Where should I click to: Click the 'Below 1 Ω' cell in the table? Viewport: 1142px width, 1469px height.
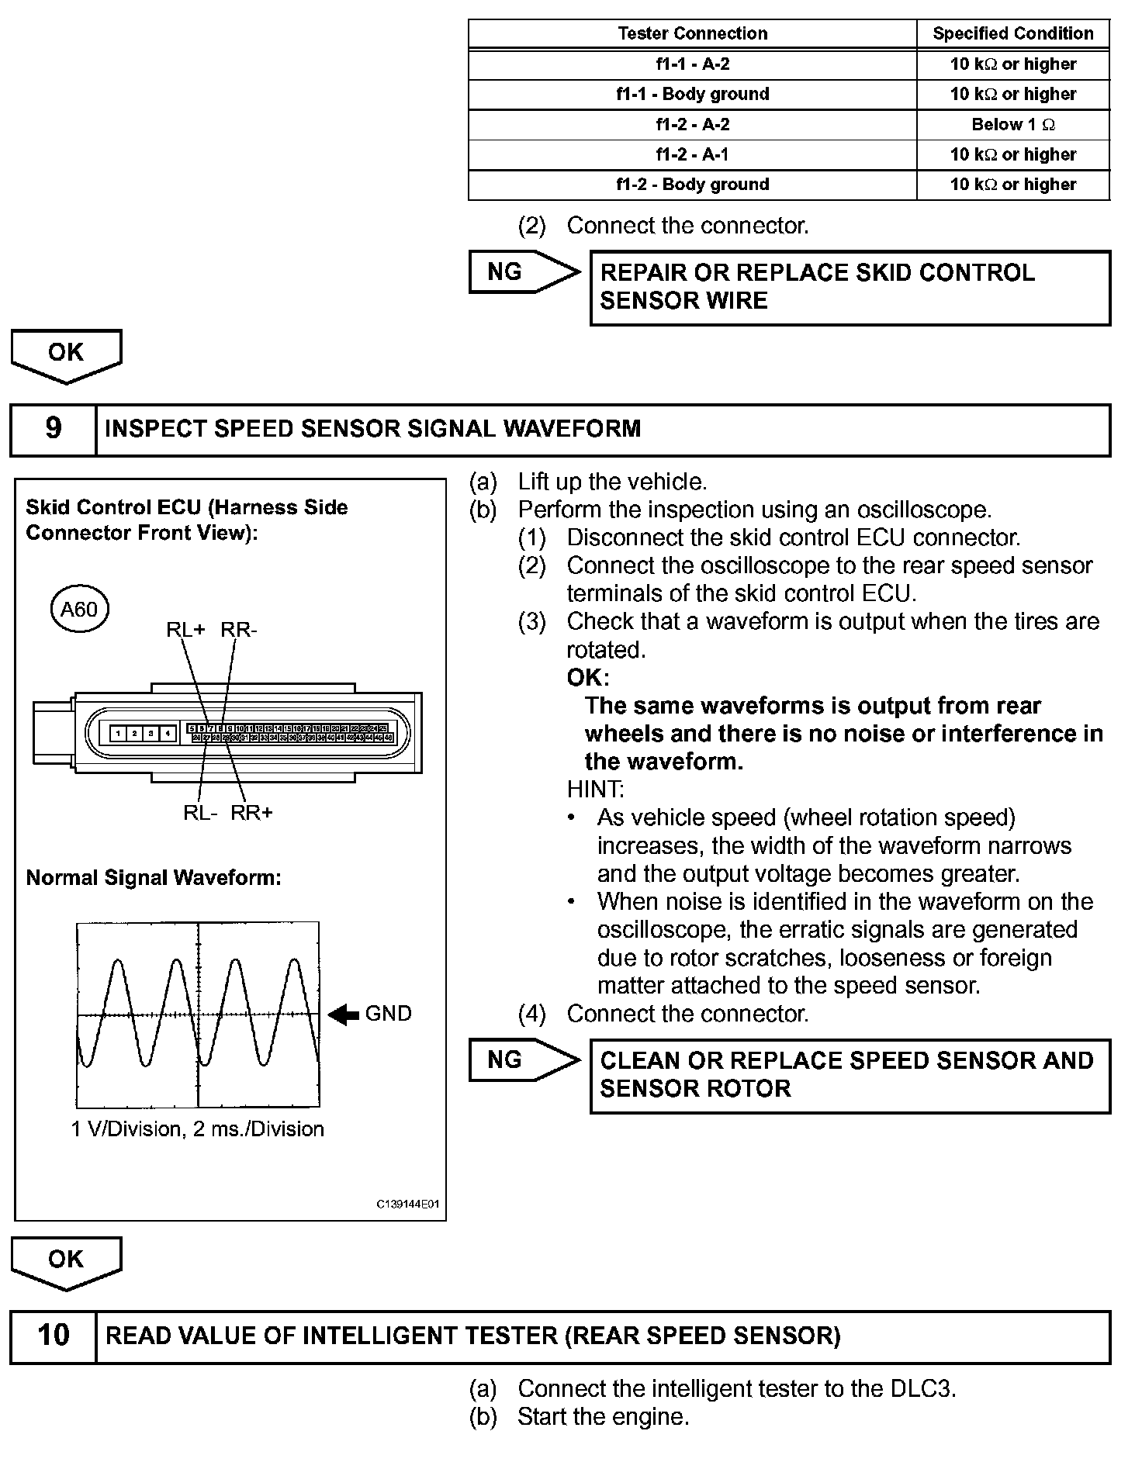click(x=1012, y=124)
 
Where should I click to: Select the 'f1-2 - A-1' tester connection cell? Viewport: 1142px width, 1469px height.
click(x=692, y=154)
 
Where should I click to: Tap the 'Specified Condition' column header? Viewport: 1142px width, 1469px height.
click(x=1012, y=33)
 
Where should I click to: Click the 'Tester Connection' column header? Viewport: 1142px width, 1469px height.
click(x=692, y=33)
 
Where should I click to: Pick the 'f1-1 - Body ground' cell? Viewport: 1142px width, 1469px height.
click(x=692, y=94)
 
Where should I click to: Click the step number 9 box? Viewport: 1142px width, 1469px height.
click(x=53, y=429)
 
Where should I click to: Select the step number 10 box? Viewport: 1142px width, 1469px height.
click(x=53, y=1335)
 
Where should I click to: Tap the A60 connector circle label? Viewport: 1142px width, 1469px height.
click(x=79, y=610)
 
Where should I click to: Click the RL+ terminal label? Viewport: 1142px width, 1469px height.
click(x=185, y=630)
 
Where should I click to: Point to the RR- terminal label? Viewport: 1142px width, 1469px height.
click(x=239, y=630)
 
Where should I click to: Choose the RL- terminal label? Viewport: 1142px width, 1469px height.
click(x=200, y=813)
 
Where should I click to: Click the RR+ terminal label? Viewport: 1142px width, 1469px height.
click(x=252, y=813)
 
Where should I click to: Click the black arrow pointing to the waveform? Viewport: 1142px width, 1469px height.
click(x=343, y=1014)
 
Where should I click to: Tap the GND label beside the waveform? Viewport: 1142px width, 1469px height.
click(x=388, y=1014)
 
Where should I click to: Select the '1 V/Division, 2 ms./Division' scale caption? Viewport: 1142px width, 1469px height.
click(x=197, y=1129)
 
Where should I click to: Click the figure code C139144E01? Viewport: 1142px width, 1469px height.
click(x=407, y=1205)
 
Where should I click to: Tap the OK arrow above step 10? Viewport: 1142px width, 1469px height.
click(x=66, y=1261)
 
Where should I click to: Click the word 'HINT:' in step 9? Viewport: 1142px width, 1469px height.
click(x=595, y=790)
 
